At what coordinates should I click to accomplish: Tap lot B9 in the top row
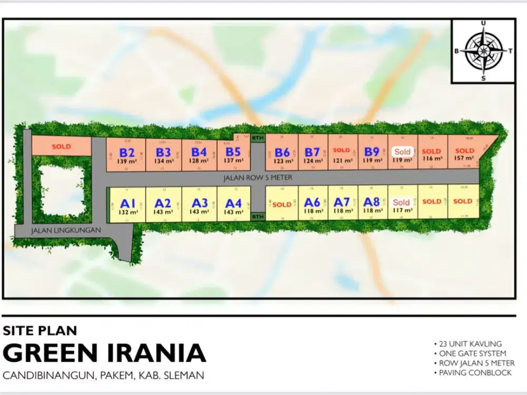(372, 154)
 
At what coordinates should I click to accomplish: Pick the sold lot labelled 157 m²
(464, 154)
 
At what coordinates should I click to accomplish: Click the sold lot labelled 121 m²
(342, 154)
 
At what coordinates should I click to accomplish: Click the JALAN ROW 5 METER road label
(258, 178)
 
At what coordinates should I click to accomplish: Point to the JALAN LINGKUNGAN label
(57, 231)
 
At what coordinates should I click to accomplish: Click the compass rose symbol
(483, 51)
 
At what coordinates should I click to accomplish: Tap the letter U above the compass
(483, 23)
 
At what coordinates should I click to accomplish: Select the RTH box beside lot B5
(257, 138)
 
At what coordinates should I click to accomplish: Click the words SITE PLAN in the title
(40, 331)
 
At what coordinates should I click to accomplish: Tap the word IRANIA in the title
(153, 353)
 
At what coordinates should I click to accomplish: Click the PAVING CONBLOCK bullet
(472, 373)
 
